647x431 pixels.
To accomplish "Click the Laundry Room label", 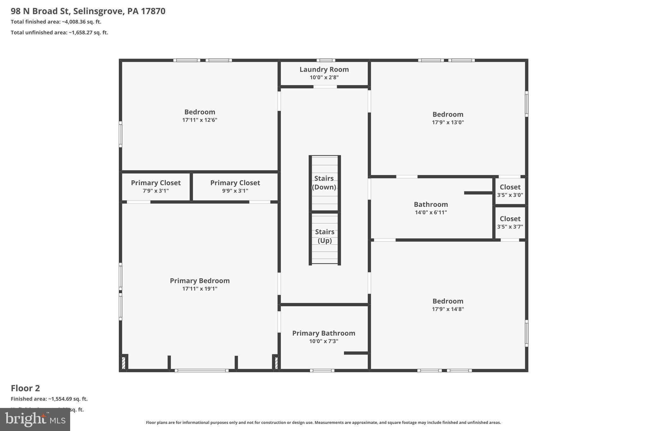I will [x=324, y=69].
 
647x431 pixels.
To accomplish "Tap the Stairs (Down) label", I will [x=324, y=183].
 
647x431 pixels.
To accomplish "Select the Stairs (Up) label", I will [x=324, y=236].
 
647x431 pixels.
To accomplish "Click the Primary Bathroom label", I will [x=323, y=333].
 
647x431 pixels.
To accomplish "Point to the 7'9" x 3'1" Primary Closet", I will [x=156, y=187].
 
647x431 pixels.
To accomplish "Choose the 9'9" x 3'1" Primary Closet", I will [x=235, y=187].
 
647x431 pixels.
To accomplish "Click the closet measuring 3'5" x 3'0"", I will [x=510, y=191].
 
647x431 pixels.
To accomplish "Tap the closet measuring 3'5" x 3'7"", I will [x=510, y=222].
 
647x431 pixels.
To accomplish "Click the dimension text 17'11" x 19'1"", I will [x=200, y=289].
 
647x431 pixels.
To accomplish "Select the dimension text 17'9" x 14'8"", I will [x=448, y=309].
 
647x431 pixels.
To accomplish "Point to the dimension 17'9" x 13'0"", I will [x=448, y=123].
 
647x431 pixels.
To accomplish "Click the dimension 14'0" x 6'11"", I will [x=431, y=213].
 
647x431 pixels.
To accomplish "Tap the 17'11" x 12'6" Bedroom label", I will [x=200, y=112].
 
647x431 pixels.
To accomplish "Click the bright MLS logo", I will [x=35, y=419].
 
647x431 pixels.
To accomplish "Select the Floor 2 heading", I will [x=25, y=388].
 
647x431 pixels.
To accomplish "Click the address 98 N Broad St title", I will [x=88, y=11].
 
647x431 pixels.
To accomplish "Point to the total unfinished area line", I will [x=59, y=33].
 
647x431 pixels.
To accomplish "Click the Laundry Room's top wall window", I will [x=326, y=60].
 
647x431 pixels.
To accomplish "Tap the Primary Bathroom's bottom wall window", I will [x=322, y=370].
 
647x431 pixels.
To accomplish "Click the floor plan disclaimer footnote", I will [x=323, y=422].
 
